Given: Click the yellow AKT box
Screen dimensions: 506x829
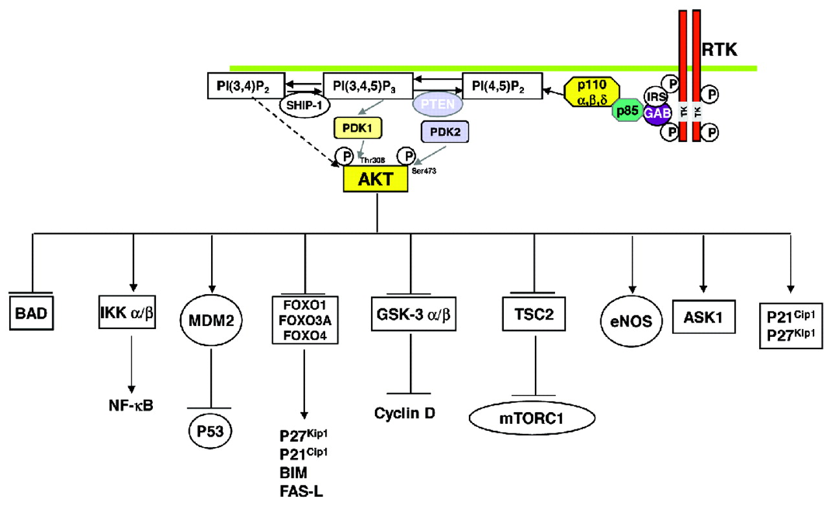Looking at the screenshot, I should [376, 180].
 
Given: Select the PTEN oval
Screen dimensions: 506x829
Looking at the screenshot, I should [439, 102].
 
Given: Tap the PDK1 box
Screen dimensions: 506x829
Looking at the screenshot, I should [358, 129].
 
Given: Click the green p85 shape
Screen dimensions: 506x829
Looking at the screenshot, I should [625, 111].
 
